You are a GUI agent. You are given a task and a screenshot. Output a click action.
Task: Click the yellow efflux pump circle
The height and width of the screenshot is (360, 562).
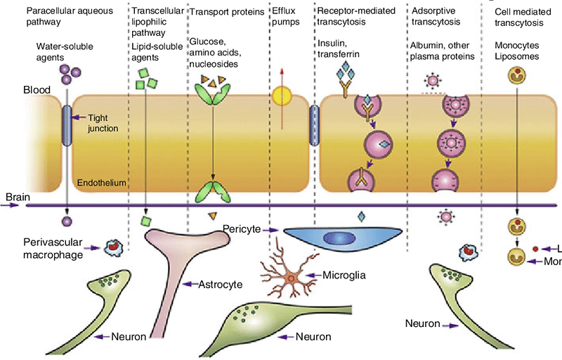click(x=281, y=96)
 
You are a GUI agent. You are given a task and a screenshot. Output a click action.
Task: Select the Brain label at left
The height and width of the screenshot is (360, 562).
click(x=17, y=198)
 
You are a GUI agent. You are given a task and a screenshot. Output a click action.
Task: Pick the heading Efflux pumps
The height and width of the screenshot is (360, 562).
click(x=285, y=18)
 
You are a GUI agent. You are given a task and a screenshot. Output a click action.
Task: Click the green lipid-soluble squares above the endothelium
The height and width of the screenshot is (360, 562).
click(x=146, y=78)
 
